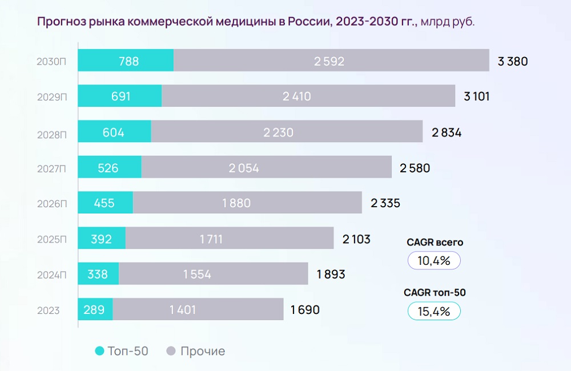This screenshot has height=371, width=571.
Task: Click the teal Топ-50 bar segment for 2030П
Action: point(126,61)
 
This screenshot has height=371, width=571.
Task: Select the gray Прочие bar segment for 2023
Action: point(198,309)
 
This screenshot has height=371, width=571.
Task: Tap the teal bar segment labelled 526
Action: point(110,167)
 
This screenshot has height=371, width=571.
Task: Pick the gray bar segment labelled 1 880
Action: point(247,203)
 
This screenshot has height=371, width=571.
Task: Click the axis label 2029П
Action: point(52,98)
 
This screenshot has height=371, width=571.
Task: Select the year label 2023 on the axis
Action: point(49,311)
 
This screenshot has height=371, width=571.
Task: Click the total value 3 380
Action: point(513,62)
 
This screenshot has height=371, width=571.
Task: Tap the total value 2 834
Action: point(447,133)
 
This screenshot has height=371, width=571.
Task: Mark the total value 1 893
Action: point(331,275)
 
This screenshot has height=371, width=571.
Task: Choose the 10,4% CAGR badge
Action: point(434,261)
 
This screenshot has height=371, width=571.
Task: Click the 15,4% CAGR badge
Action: point(434,311)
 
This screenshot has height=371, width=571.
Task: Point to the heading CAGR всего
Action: point(435,243)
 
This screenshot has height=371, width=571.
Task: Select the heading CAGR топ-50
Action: point(435,293)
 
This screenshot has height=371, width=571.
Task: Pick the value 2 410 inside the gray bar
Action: point(297,96)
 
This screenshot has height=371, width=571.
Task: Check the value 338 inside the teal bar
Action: point(98,275)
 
